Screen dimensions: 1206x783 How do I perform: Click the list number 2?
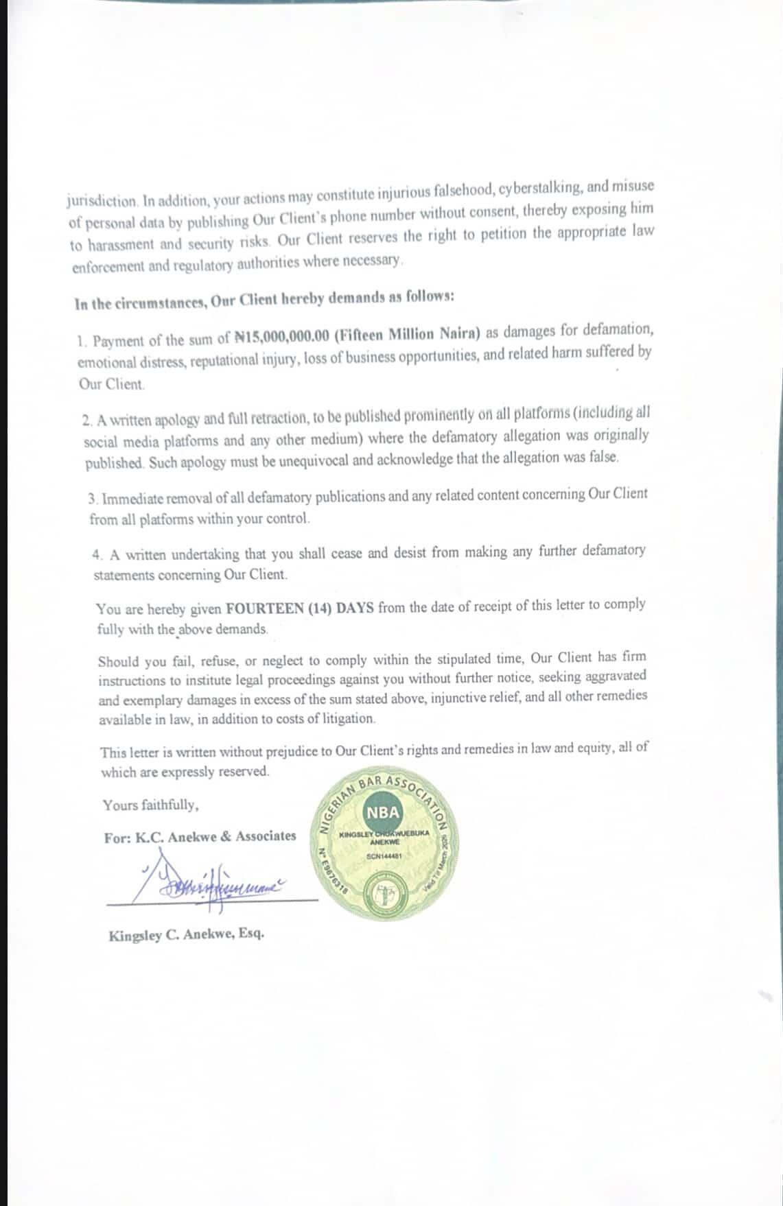point(86,420)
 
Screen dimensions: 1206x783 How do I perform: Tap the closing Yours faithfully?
point(151,805)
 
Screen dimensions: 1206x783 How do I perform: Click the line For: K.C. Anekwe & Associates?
point(200,837)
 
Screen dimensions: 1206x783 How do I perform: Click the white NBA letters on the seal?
point(383,812)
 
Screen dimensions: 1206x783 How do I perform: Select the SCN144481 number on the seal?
point(384,856)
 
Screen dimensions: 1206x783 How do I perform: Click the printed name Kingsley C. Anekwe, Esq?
point(186,935)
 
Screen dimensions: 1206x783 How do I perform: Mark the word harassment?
point(121,244)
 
